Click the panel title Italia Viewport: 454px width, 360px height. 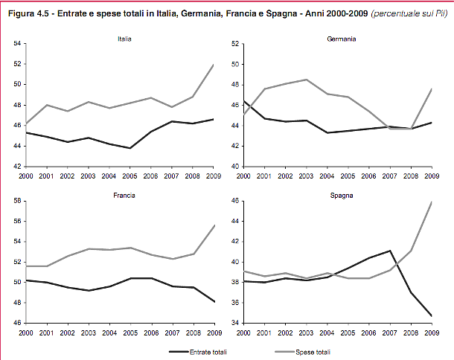pyautogui.click(x=125, y=38)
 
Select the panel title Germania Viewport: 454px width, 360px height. pyautogui.click(x=341, y=38)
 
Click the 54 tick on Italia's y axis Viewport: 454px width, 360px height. pyautogui.click(x=16, y=45)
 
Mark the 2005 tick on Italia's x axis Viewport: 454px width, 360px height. pyautogui.click(x=130, y=175)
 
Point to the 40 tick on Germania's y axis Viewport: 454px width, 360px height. pyautogui.click(x=234, y=167)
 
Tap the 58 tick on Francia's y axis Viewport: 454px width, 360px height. pyautogui.click(x=16, y=201)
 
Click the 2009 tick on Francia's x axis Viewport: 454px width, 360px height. pyautogui.click(x=215, y=331)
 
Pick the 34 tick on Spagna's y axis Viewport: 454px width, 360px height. pyautogui.click(x=234, y=323)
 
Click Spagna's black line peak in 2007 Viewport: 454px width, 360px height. pyautogui.click(x=389, y=251)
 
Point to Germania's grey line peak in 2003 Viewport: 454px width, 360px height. pyautogui.click(x=306, y=80)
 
